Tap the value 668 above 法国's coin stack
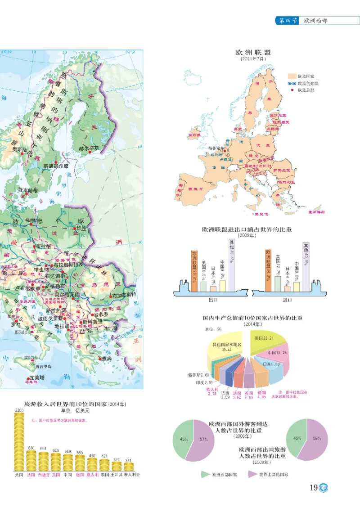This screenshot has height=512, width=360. pos(31,447)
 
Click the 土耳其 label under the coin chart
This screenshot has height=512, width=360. pos(117,474)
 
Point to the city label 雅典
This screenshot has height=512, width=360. pos(107,358)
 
